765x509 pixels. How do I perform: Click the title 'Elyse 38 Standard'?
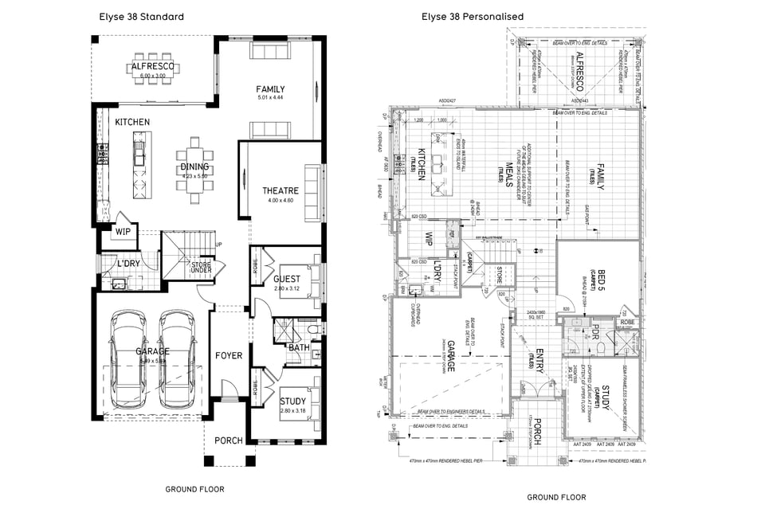tap(141, 16)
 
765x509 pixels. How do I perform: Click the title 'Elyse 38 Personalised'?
tap(473, 16)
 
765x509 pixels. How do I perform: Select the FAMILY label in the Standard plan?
tap(270, 89)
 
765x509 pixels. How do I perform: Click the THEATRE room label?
tap(280, 190)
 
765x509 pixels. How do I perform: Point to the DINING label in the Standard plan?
tap(194, 166)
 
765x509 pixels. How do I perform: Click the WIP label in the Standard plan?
tap(123, 232)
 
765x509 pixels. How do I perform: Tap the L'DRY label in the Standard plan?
tap(129, 263)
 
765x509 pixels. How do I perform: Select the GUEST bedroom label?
tap(287, 279)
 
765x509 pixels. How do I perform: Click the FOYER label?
tap(229, 355)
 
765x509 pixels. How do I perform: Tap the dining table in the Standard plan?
tap(195, 165)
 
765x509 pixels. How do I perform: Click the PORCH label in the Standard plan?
tap(229, 440)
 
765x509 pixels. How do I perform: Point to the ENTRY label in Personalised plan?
tap(539, 359)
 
